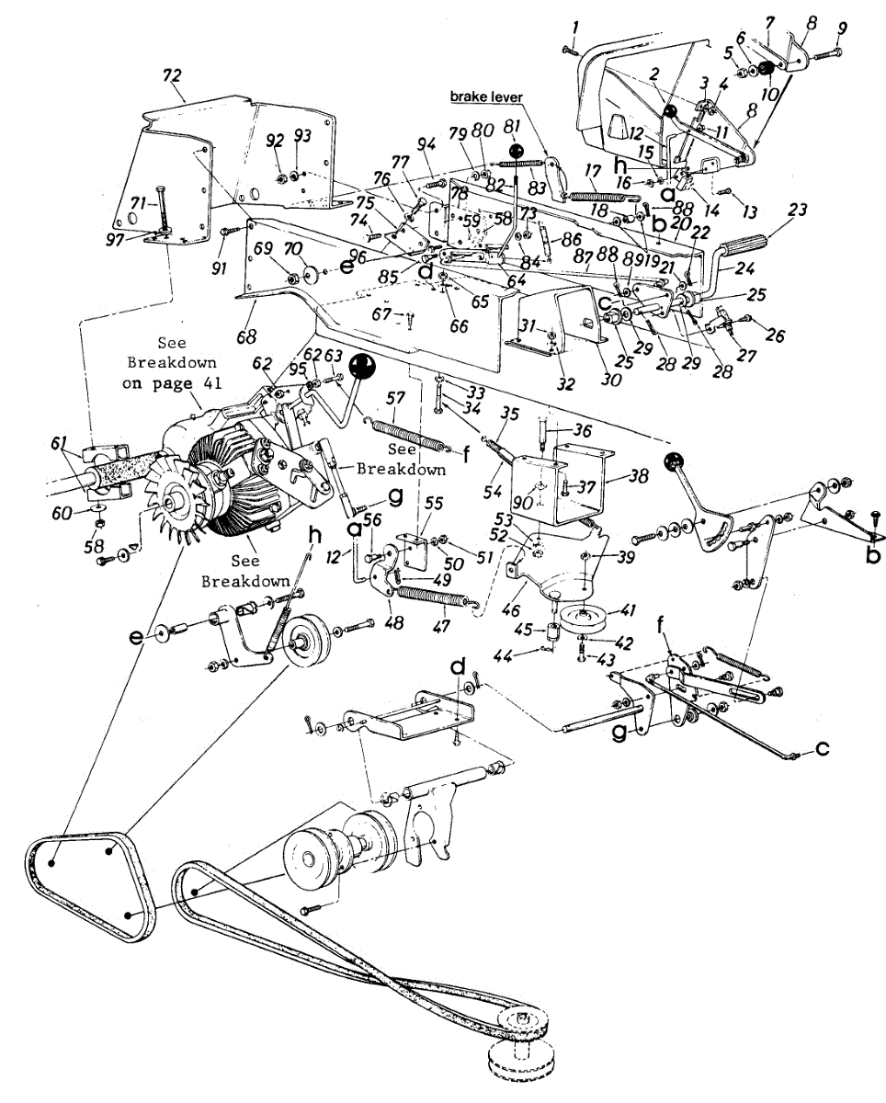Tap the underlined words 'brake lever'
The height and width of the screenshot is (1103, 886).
point(485,96)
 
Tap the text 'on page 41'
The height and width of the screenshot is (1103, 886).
point(172,385)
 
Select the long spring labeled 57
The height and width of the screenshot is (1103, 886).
point(408,433)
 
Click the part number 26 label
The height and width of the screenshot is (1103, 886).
point(776,335)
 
